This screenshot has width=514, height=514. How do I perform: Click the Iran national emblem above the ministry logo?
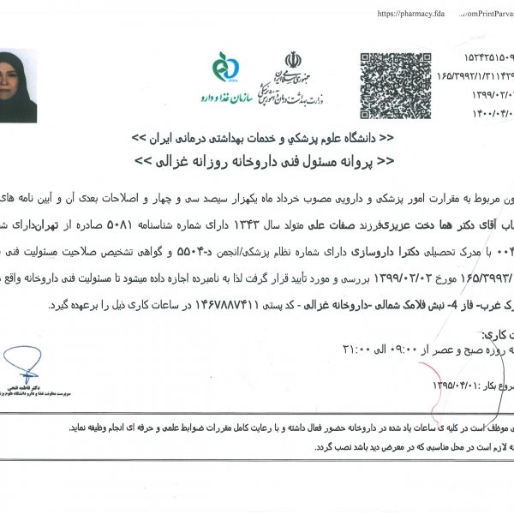pyautogui.click(x=293, y=62)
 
